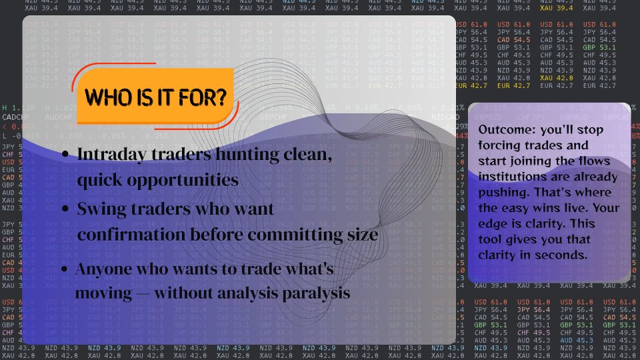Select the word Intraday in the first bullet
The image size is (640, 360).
(113, 154)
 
